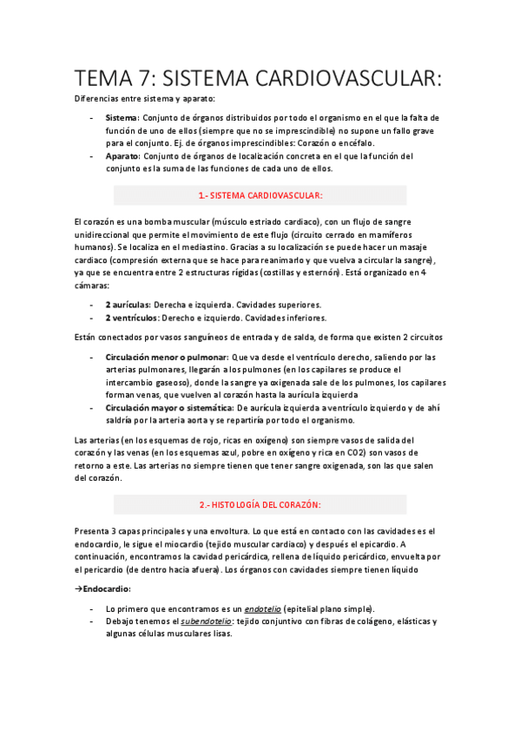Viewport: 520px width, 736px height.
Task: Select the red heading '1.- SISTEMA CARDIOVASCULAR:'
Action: pos(260,195)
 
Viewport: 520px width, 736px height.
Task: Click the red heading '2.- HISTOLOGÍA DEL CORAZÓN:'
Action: pos(260,504)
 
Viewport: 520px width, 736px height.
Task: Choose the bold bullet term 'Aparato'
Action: pos(122,156)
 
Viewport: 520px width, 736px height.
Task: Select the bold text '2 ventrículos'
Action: pos(131,318)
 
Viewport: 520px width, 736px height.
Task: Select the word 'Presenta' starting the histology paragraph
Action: pos(93,530)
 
